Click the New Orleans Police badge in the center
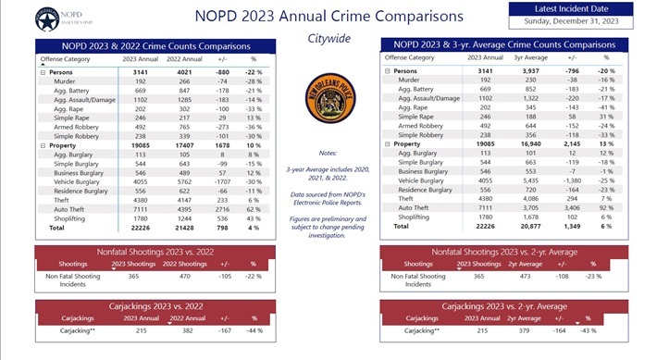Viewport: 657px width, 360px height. click(x=328, y=98)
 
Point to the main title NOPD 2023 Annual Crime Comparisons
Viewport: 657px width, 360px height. click(x=328, y=17)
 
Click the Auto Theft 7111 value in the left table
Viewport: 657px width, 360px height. click(x=135, y=208)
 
